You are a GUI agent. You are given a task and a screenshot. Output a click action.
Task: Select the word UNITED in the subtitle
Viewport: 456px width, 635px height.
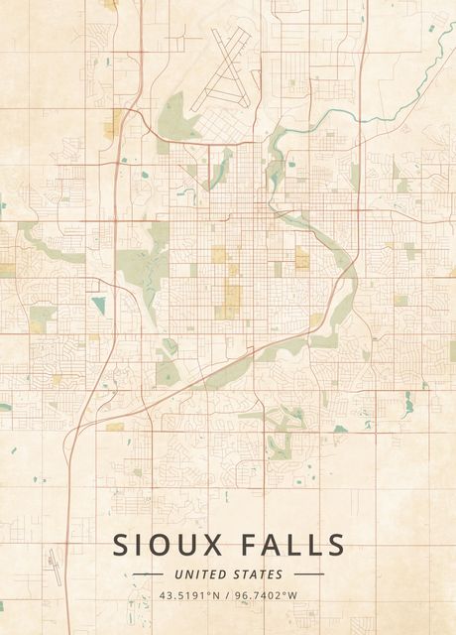pyautogui.click(x=199, y=574)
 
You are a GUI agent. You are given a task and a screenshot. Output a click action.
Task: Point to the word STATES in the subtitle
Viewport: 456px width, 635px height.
pyautogui.click(x=259, y=574)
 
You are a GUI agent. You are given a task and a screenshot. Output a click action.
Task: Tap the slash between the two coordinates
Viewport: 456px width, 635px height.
pyautogui.click(x=228, y=595)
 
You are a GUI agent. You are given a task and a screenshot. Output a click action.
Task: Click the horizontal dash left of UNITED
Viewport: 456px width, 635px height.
pyautogui.click(x=148, y=574)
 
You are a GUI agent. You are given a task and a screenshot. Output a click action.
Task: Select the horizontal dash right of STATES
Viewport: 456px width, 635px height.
pyautogui.click(x=308, y=574)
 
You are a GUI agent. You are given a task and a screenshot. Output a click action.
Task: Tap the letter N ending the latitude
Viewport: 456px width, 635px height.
pyautogui.click(x=219, y=595)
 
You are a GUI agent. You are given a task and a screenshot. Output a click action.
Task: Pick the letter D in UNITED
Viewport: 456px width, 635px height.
pyautogui.click(x=222, y=574)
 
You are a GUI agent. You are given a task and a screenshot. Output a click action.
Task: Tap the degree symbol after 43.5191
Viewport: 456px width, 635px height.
pyautogui.click(x=212, y=593)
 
